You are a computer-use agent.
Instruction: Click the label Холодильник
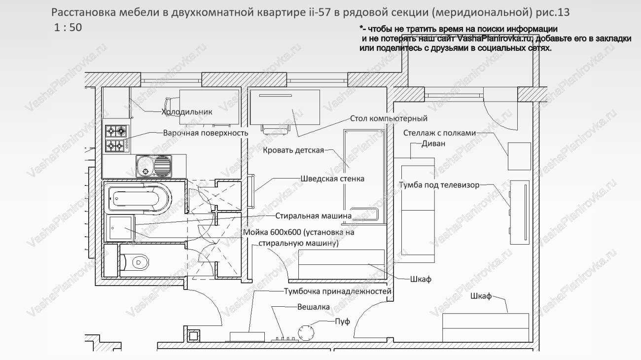pos(187,112)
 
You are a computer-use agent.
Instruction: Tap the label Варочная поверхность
pos(206,133)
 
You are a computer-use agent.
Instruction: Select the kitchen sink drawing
pos(154,165)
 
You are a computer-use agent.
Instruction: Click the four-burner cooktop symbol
pos(116,138)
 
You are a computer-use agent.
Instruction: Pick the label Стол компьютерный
pos(389,118)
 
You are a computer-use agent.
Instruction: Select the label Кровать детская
pos(293,150)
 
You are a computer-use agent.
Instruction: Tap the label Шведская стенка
pos(332,179)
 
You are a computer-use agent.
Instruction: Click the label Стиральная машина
pos(313,216)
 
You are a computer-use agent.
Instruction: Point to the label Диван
pos(433,144)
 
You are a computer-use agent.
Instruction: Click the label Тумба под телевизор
pos(439,185)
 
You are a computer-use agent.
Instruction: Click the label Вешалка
pos(313,307)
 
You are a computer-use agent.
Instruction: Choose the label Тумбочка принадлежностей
pos(337,291)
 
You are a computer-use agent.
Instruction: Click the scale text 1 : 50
pos(68,28)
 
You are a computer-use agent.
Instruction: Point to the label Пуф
pos(342,322)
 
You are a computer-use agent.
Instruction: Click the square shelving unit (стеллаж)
pos(519,156)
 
